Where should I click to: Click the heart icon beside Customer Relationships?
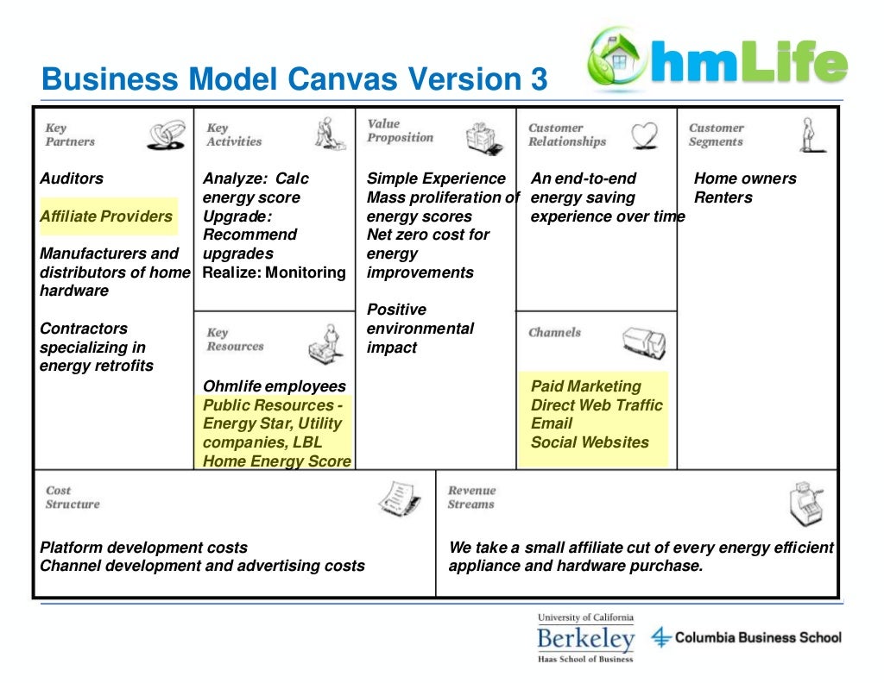coord(643,135)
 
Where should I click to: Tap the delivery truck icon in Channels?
coord(643,341)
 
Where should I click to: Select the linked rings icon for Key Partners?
coord(164,135)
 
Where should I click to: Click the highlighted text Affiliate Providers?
coord(106,216)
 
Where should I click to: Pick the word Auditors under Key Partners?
coord(72,179)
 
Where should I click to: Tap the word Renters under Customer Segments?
coord(723,197)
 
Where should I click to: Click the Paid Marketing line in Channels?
coord(586,386)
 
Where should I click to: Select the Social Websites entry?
coord(590,442)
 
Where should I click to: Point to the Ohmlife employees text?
coord(275,386)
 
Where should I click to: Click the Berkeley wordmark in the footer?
coord(585,640)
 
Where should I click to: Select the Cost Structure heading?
coord(73,498)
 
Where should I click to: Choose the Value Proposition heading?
coord(401,131)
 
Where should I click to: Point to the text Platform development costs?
coord(144,548)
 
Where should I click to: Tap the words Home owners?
coord(745,179)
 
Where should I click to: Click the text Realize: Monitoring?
coord(275,273)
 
